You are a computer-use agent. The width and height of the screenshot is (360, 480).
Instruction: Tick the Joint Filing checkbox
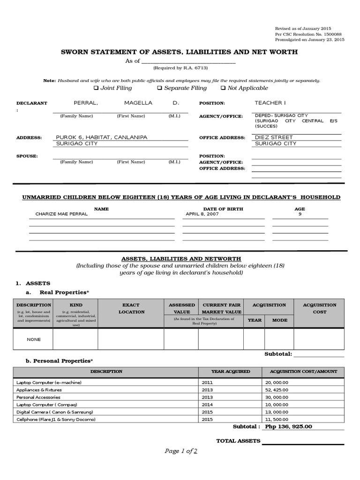coord(96,88)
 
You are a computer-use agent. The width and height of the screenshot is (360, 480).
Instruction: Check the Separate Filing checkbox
coord(159,88)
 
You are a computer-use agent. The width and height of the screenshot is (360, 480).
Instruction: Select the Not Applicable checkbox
coord(223,88)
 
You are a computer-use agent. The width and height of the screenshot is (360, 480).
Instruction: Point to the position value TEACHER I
coord(270,103)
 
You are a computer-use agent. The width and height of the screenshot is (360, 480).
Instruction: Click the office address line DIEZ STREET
coord(274,137)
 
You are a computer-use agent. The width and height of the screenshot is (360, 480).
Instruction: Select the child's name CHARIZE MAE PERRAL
coord(61,214)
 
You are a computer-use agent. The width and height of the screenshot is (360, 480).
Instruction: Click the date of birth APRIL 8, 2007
coord(202,214)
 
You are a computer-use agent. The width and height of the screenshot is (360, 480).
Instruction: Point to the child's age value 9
coord(300,214)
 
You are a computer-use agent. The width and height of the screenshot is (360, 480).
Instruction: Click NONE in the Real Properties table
coord(34,339)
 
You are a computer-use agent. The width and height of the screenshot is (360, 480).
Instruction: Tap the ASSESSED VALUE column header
coord(181,308)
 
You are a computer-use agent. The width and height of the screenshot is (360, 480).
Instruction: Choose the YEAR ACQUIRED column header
coord(230,371)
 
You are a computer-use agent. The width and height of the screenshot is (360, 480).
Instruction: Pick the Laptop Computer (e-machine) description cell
coord(49,382)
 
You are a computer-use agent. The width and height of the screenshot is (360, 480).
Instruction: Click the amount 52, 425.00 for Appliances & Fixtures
coord(277,390)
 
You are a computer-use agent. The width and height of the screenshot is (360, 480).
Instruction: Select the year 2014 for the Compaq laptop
coord(207,405)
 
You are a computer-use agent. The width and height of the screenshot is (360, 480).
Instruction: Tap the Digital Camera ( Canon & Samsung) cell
coord(55,412)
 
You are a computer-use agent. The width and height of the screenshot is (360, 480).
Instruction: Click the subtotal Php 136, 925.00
coord(288,427)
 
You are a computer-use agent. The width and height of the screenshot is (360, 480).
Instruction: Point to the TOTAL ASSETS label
coord(238,441)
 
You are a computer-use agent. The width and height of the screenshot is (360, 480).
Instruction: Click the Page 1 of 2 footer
coord(180,451)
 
